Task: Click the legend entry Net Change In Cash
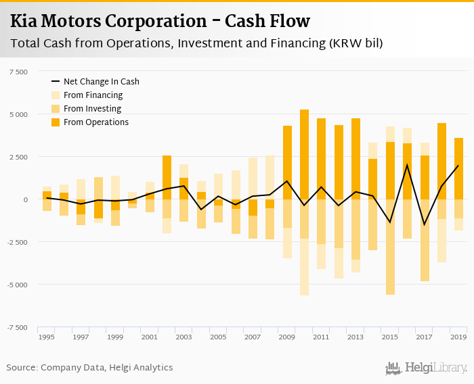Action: [x=101, y=81]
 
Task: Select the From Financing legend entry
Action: [x=93, y=95]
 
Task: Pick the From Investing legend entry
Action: [x=92, y=109]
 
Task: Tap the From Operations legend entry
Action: [x=95, y=122]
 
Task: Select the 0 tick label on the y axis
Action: [x=26, y=199]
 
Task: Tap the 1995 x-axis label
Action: [x=46, y=337]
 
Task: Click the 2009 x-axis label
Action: [x=287, y=337]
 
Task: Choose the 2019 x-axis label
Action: [x=458, y=337]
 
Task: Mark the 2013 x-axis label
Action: [x=355, y=337]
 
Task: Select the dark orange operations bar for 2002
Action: [x=167, y=177]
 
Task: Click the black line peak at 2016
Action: [x=407, y=165]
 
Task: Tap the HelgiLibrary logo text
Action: [x=435, y=368]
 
